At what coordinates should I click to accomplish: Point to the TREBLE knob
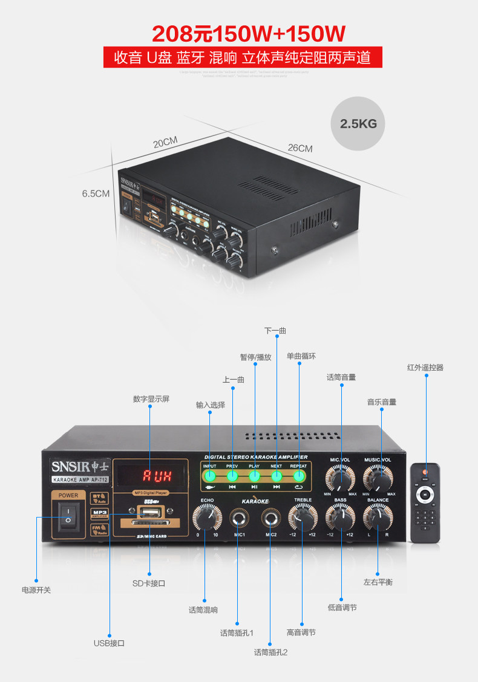[303, 518]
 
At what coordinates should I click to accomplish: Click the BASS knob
[341, 518]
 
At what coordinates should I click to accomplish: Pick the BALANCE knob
[378, 518]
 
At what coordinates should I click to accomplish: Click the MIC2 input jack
[271, 518]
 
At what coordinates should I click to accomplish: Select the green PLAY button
[255, 475]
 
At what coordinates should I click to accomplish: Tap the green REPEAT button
[299, 475]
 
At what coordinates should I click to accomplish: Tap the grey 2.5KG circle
[358, 124]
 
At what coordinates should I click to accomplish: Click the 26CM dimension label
[300, 148]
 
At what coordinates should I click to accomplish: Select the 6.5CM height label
[96, 193]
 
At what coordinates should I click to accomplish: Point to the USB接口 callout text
[109, 643]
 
